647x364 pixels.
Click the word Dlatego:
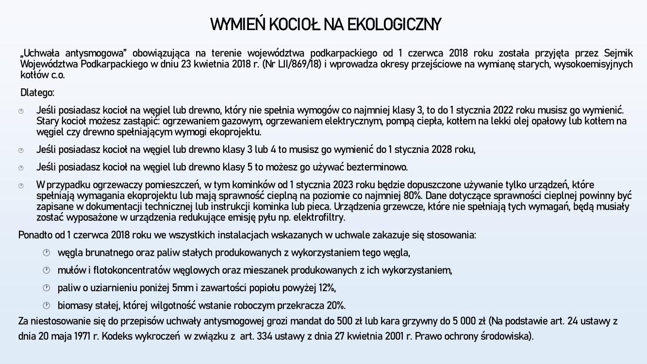(x=37, y=92)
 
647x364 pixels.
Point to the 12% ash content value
(x=327, y=288)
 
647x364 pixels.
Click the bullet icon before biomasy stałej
(x=47, y=305)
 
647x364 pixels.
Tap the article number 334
(x=265, y=336)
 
